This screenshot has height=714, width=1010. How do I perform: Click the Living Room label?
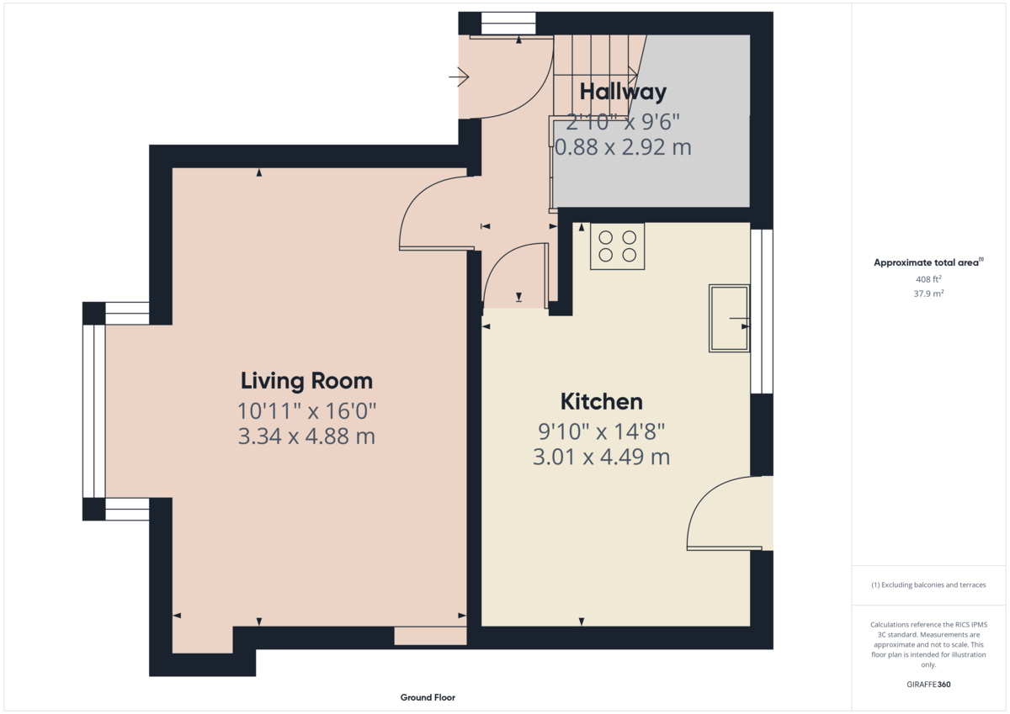click(x=306, y=381)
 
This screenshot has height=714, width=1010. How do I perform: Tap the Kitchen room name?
click(x=601, y=401)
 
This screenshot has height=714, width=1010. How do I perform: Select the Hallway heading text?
click(x=623, y=92)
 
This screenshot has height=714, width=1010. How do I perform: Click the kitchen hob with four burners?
click(x=617, y=246)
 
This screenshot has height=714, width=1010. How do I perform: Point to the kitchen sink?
click(x=728, y=318)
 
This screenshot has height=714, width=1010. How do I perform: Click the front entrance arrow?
click(x=460, y=78)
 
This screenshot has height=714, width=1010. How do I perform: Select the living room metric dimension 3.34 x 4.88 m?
click(x=306, y=437)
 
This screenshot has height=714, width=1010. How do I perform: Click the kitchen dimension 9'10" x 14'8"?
click(x=601, y=431)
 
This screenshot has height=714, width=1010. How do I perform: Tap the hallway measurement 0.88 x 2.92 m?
click(x=623, y=147)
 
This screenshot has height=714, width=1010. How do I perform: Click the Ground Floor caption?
click(x=428, y=697)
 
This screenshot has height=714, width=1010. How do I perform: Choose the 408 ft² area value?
click(x=928, y=278)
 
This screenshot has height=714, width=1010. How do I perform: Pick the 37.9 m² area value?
click(x=928, y=294)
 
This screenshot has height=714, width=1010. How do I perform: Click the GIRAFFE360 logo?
click(x=928, y=685)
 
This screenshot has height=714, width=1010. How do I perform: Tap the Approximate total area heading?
click(x=927, y=262)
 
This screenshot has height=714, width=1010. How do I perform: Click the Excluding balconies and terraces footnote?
click(x=928, y=584)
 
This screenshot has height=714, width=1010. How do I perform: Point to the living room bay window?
click(x=93, y=411)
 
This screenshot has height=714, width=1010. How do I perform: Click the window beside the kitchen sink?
click(x=761, y=311)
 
